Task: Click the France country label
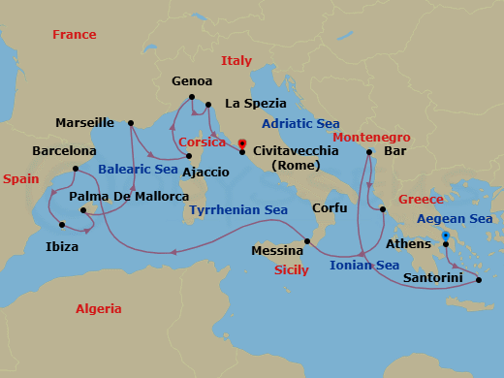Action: pyautogui.click(x=75, y=35)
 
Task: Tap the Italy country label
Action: pyautogui.click(x=236, y=60)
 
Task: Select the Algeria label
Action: pyautogui.click(x=99, y=309)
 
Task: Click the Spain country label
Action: pyautogui.click(x=20, y=179)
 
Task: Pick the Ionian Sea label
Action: pyautogui.click(x=364, y=265)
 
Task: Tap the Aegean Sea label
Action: pyautogui.click(x=455, y=219)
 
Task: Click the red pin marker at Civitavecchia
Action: pyautogui.click(x=242, y=145)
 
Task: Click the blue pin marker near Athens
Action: pyautogui.click(x=445, y=236)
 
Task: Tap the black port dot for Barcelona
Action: pyautogui.click(x=75, y=169)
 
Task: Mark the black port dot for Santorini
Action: pyautogui.click(x=479, y=280)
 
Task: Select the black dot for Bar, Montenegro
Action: pyautogui.click(x=370, y=152)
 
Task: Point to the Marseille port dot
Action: pyautogui.click(x=130, y=123)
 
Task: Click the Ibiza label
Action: pyautogui.click(x=62, y=247)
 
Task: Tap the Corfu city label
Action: pyautogui.click(x=330, y=208)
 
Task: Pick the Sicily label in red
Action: pyautogui.click(x=292, y=270)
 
